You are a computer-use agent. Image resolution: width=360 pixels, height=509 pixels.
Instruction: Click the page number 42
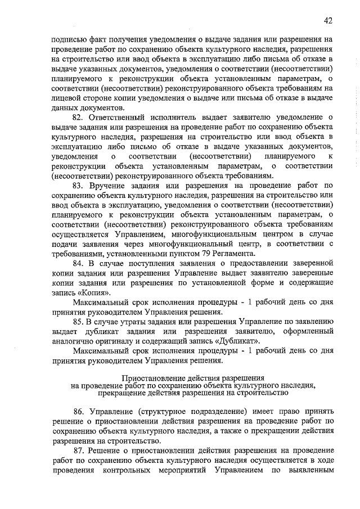click(330, 21)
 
